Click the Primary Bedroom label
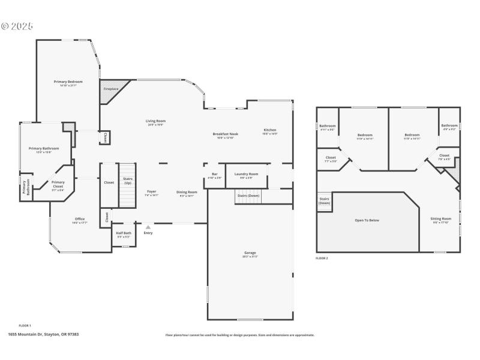pyautogui.click(x=68, y=82)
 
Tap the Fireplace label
pyautogui.click(x=110, y=89)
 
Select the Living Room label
pyautogui.click(x=155, y=121)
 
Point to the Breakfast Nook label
pyautogui.click(x=225, y=134)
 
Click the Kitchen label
pyautogui.click(x=270, y=130)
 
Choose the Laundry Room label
pyautogui.click(x=246, y=174)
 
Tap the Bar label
pyautogui.click(x=214, y=174)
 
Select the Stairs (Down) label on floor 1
pyautogui.click(x=248, y=196)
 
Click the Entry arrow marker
pyautogui.click(x=148, y=227)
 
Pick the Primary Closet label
pyautogui.click(x=58, y=184)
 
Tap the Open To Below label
pyautogui.click(x=367, y=220)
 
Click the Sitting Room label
pyautogui.click(x=441, y=218)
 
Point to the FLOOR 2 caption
pyautogui.click(x=322, y=258)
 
